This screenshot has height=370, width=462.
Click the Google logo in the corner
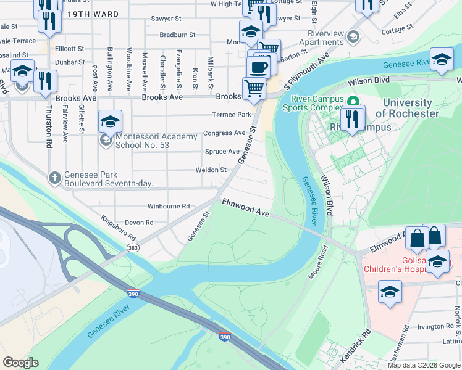point(20,363)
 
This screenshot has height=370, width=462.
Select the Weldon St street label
point(211,170)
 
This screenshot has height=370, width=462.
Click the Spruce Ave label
point(222,152)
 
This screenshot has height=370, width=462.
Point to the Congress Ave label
point(224,133)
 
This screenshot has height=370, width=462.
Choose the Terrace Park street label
point(232,115)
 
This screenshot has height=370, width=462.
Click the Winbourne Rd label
point(168,207)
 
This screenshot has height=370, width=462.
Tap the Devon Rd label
point(140,223)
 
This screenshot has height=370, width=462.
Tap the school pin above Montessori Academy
point(109,121)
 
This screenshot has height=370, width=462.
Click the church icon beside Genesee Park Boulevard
point(56,178)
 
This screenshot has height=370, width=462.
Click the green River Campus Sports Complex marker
point(353,101)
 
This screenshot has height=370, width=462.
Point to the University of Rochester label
point(407,108)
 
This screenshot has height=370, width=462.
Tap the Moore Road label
point(316,260)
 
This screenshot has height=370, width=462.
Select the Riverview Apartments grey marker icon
point(353,36)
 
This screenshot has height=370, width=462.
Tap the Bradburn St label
point(177,35)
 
